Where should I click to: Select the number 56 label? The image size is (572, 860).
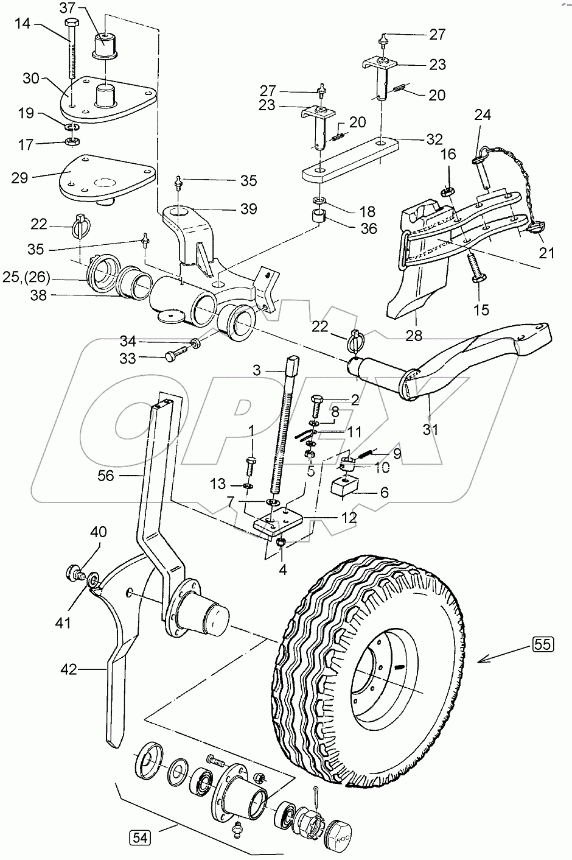(106, 476)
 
